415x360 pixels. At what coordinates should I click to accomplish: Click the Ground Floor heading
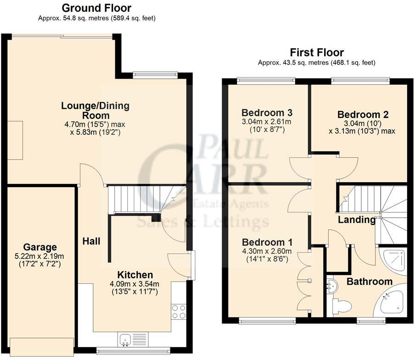[96, 8]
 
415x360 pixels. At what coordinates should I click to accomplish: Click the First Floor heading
[316, 52]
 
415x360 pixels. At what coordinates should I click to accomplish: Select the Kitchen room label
[135, 275]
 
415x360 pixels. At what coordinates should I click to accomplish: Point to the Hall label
[91, 240]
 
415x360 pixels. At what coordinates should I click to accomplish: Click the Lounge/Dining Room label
[95, 111]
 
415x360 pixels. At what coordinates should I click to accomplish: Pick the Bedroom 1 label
[262, 242]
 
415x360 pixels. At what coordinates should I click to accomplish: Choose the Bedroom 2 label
[359, 115]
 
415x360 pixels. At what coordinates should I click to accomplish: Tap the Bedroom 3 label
[267, 112]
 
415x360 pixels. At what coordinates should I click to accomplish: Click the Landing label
[356, 220]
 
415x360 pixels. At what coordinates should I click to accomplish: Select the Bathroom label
[369, 281]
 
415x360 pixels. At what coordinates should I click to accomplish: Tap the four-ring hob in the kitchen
[179, 311]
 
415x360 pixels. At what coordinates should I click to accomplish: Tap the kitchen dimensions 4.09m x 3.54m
[135, 283]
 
